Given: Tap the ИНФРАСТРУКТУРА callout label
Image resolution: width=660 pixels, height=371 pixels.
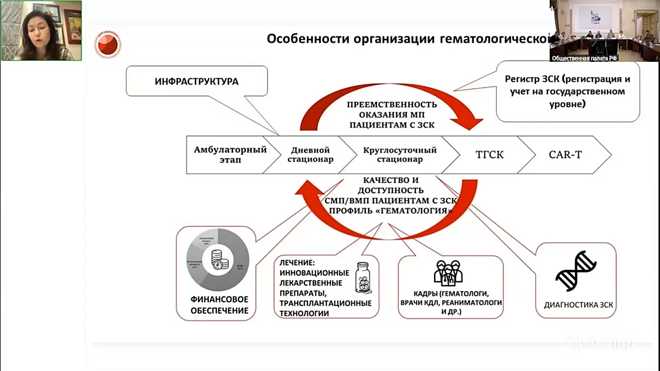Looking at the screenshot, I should tap(196, 81).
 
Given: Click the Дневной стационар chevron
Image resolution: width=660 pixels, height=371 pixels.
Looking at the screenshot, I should tap(310, 155).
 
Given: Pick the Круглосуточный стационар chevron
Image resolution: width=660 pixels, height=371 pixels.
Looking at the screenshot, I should tap(400, 155).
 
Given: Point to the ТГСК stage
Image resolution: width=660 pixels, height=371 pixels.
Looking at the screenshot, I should tap(489, 155).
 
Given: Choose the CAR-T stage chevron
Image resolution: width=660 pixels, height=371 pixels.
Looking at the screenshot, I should tap(565, 155).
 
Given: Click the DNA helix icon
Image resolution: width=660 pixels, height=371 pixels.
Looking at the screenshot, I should tap(576, 271).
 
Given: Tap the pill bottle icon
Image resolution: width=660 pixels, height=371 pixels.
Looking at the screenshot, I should tap(364, 278).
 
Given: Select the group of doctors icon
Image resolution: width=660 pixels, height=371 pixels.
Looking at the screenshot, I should tap(448, 273).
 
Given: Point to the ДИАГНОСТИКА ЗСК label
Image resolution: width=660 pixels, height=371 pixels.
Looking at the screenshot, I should tap(578, 305).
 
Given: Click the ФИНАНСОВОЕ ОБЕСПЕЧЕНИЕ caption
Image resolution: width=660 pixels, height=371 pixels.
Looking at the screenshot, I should tap(219, 305).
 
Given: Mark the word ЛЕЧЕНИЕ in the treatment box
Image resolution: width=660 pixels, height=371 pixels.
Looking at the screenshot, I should tap(297, 263).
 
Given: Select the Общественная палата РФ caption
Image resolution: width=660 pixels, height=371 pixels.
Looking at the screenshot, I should tap(584, 58).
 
